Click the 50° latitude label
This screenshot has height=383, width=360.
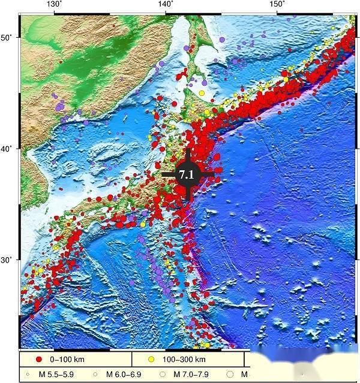tap(7, 38)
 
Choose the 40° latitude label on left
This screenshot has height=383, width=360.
tap(7, 149)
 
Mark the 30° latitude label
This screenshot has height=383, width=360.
tap(7, 260)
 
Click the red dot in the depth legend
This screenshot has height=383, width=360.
tap(40, 359)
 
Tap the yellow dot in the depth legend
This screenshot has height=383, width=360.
tap(152, 359)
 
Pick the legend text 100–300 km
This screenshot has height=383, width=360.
tap(185, 359)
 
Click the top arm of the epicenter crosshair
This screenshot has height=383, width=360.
tap(188, 155)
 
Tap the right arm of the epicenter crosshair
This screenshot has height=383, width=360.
tap(208, 174)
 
